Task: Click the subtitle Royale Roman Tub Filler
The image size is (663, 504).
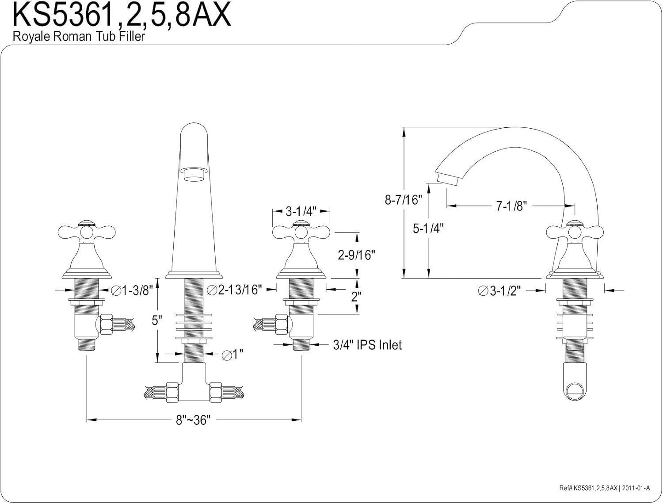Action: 79,36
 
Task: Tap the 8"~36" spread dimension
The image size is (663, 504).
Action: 193,420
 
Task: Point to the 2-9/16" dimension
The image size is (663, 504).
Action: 356,255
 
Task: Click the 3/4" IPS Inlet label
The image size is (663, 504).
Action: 367,345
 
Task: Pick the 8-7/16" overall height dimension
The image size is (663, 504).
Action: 403,200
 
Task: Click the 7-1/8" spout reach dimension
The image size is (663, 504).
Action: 511,206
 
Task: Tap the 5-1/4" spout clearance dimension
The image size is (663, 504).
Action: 428,228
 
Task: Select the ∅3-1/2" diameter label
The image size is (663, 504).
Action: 499,291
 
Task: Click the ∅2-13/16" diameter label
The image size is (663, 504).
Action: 234,290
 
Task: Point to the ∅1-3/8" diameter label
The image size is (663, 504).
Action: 132,290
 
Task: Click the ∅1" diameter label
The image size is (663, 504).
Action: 232,355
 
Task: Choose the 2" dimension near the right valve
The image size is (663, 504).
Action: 356,296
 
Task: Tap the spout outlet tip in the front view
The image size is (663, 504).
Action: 193,173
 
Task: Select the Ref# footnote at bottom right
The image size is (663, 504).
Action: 605,488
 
